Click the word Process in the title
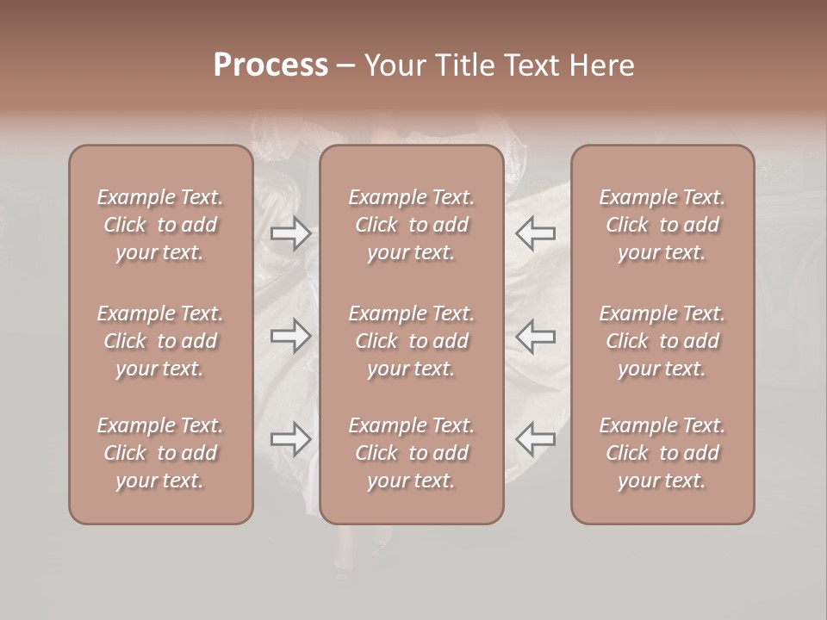click(x=270, y=65)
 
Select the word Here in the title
click(x=603, y=65)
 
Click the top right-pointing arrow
click(x=290, y=232)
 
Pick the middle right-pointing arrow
click(x=290, y=336)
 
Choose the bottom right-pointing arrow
click(x=290, y=439)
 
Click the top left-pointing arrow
click(x=536, y=232)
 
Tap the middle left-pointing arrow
click(x=536, y=336)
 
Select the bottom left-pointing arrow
click(x=536, y=439)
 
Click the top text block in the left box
click(x=160, y=225)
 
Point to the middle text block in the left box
click(x=160, y=341)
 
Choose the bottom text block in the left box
click(x=160, y=453)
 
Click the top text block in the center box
click(x=412, y=225)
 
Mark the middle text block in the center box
click(x=412, y=341)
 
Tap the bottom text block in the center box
click(x=412, y=453)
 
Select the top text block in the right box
click(x=662, y=225)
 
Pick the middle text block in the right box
click(x=662, y=341)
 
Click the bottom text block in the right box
click(x=662, y=453)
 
